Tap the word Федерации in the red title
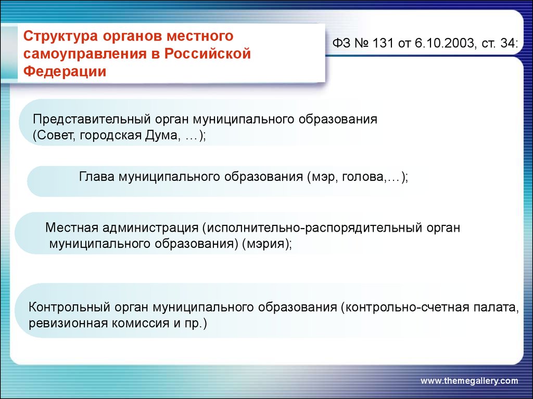tap(65, 72)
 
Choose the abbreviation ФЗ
tap(341, 43)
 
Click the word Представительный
tap(92, 119)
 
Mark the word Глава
tap(96, 177)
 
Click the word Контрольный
tap(69, 307)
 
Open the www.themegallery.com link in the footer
tap(469, 381)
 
